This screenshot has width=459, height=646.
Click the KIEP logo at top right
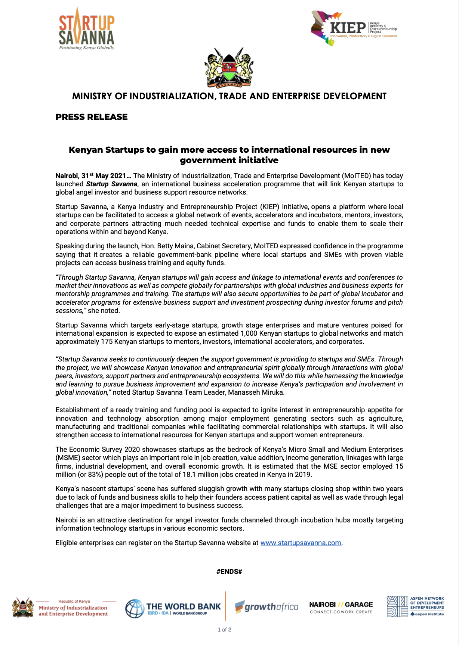pos(353,28)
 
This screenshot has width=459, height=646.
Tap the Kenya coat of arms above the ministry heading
pos(229,68)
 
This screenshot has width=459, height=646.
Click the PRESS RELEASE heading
pos(92,117)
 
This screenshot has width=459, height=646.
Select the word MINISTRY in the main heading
pos(92,96)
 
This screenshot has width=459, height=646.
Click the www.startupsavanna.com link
pos(301,543)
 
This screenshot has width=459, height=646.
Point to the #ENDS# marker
pos(229,572)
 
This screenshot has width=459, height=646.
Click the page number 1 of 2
pos(224,630)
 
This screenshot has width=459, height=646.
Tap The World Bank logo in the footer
pos(173,609)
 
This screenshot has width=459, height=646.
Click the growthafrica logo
pos(267,607)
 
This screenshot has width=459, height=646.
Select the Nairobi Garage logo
pos(341,608)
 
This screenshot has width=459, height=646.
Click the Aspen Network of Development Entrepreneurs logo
pos(415,606)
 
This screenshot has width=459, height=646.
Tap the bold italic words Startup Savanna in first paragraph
pos(111,184)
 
